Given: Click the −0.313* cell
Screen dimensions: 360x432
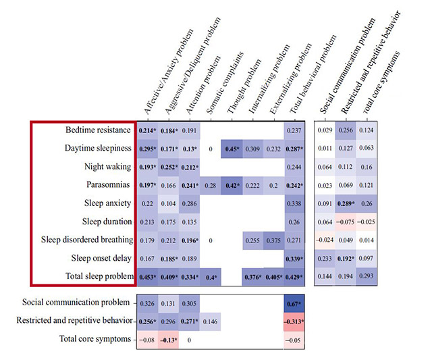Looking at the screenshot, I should coord(293,322).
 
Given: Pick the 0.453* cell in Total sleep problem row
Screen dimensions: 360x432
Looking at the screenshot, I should coord(148,276).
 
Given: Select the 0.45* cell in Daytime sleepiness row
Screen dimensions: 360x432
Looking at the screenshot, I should coord(231,148).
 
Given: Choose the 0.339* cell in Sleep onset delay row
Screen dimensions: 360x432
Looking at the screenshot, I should coord(293,257).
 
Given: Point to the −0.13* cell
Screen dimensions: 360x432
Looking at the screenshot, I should coord(168,340).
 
